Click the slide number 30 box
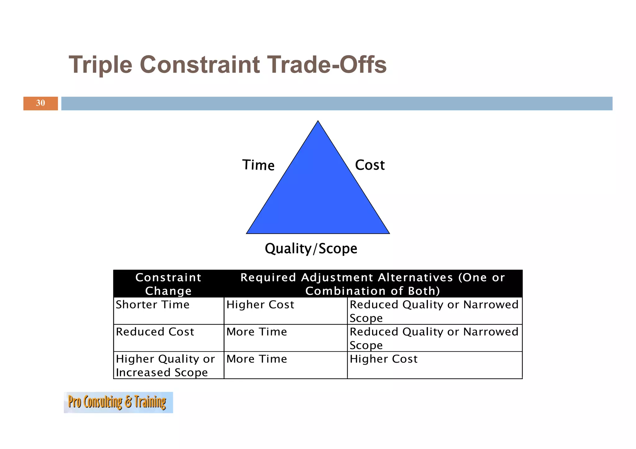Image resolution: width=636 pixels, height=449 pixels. (x=40, y=103)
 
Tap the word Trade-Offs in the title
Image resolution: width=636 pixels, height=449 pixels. (x=327, y=65)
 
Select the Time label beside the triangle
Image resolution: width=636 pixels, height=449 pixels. (x=258, y=165)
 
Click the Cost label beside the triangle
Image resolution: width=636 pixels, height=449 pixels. (x=370, y=165)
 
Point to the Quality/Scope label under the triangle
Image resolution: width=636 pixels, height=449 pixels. (x=311, y=249)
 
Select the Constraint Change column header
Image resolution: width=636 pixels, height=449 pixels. (x=168, y=284)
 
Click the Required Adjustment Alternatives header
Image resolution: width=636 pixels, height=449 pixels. (x=373, y=284)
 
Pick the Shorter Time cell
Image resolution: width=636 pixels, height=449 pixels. (x=152, y=305)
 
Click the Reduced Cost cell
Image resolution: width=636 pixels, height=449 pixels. (x=155, y=332)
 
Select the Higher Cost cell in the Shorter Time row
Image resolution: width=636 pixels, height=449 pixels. (x=260, y=305)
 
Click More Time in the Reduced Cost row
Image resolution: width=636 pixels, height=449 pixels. (x=257, y=332)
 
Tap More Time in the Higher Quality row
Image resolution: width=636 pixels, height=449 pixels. (x=257, y=359)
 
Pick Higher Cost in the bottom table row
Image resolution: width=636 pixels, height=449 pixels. (x=383, y=359)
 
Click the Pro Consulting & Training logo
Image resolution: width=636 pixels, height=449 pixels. (x=118, y=402)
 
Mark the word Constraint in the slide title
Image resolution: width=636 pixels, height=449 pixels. (x=200, y=65)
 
